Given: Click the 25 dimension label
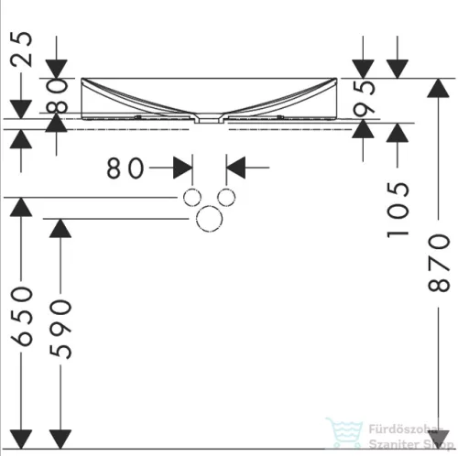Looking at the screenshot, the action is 21,49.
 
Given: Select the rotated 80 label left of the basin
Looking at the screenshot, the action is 57,96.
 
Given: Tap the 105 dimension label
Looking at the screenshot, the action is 398,210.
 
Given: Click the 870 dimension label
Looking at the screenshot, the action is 439,263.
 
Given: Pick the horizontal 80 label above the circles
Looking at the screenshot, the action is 125,168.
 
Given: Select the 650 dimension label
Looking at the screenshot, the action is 21,317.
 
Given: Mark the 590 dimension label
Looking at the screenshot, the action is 60,329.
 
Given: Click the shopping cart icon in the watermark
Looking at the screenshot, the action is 344,433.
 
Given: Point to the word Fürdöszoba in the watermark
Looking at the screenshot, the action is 404,429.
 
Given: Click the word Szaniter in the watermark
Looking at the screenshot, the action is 391,444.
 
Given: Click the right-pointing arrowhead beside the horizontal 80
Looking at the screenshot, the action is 182,168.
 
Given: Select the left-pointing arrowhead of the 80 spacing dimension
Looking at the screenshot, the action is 235,168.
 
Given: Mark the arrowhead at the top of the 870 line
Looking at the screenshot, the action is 438,88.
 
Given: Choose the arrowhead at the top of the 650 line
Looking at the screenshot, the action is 21,207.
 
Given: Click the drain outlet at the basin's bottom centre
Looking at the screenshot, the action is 209,119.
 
